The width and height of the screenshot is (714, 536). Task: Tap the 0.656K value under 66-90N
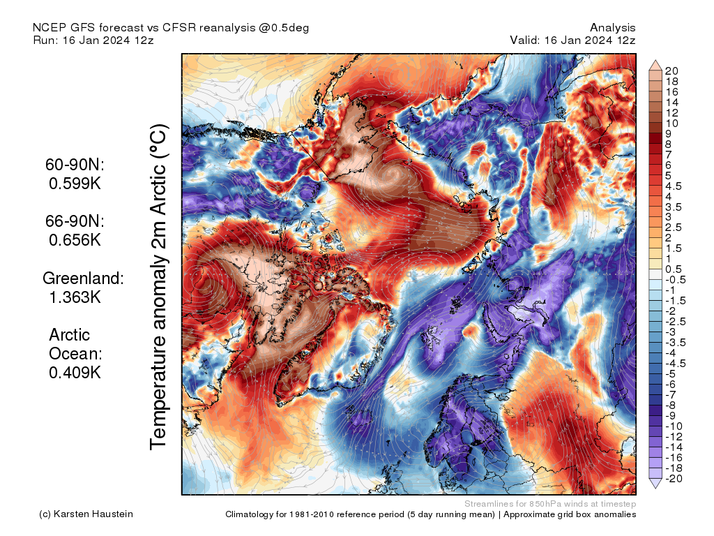click(75, 239)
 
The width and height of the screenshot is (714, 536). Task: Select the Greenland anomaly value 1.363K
click(75, 297)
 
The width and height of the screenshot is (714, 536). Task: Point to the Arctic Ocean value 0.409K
click(75, 372)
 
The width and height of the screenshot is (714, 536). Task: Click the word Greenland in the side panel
click(82, 278)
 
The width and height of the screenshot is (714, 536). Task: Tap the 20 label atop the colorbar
click(672, 71)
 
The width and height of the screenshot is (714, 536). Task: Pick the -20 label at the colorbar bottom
click(674, 478)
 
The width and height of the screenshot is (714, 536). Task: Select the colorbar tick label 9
click(669, 133)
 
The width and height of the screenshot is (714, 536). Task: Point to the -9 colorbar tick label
click(671, 415)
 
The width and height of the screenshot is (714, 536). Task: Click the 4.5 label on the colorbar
click(672, 186)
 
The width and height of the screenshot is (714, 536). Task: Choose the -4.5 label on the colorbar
click(674, 363)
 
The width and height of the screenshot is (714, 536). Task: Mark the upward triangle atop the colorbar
click(655, 66)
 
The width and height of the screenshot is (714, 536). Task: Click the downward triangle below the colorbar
click(655, 483)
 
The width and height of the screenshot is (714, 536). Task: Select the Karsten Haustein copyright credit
click(86, 514)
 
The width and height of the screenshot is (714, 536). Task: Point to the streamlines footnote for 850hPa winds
click(549, 504)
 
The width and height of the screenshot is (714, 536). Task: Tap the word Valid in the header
click(524, 40)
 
